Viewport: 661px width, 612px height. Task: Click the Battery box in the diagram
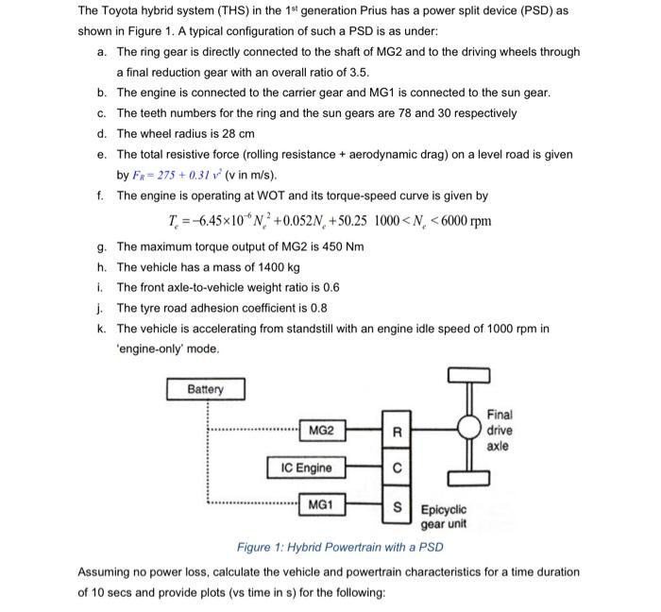pyautogui.click(x=205, y=389)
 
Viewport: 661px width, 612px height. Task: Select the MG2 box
pyautogui.click(x=321, y=432)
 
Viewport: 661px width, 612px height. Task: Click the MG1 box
pyautogui.click(x=321, y=505)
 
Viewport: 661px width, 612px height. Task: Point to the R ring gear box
pyautogui.click(x=398, y=433)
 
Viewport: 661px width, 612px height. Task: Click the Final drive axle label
pyautogui.click(x=500, y=430)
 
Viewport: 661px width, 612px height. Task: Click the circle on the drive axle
pyautogui.click(x=466, y=428)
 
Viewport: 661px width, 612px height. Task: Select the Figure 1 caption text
pyautogui.click(x=337, y=547)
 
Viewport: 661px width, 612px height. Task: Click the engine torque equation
pyautogui.click(x=328, y=222)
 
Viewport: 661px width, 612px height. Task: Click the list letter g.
pyautogui.click(x=100, y=246)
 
